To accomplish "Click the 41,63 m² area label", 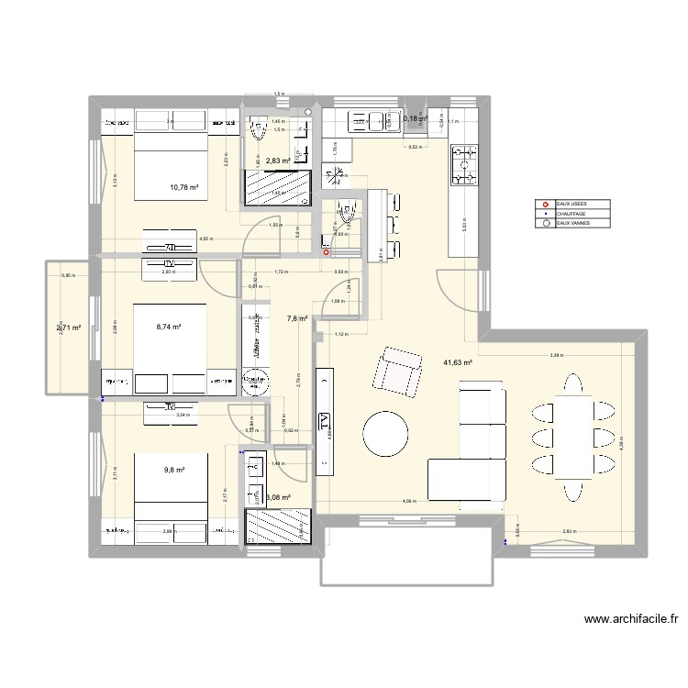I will click(457, 363).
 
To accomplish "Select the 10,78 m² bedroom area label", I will click(184, 188).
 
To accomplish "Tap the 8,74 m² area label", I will click(168, 327).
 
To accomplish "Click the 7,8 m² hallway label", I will click(297, 319).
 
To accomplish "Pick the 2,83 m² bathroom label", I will click(276, 161).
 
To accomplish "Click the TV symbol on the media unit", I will click(324, 421).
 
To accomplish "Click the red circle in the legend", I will click(547, 205).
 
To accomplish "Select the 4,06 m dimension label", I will click(408, 501).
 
